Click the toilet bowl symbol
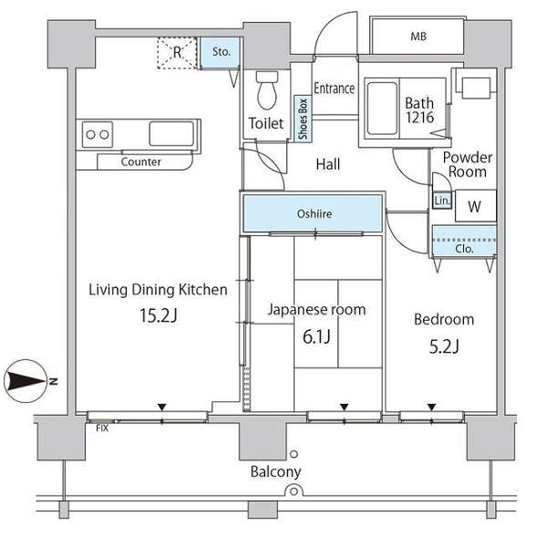pos(267,90)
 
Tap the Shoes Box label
pos(303,119)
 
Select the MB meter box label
pos(418,36)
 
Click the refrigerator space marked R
pos(177,53)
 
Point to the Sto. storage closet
pos(221,53)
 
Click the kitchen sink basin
pos(171,134)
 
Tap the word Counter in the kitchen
pos(141,162)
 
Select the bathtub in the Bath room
pos(382,108)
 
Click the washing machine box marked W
pos(476,206)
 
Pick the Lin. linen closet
pos(442,201)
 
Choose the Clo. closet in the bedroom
pos(464,242)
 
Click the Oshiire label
pos(315,213)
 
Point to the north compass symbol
pos(26,381)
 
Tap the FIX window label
pos(102,428)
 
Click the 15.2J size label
pos(159,315)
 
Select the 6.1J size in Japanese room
pos(316,336)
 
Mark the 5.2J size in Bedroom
pos(444,346)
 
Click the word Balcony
pos(275,472)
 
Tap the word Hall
pos(328,164)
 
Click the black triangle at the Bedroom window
pos(432,408)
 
